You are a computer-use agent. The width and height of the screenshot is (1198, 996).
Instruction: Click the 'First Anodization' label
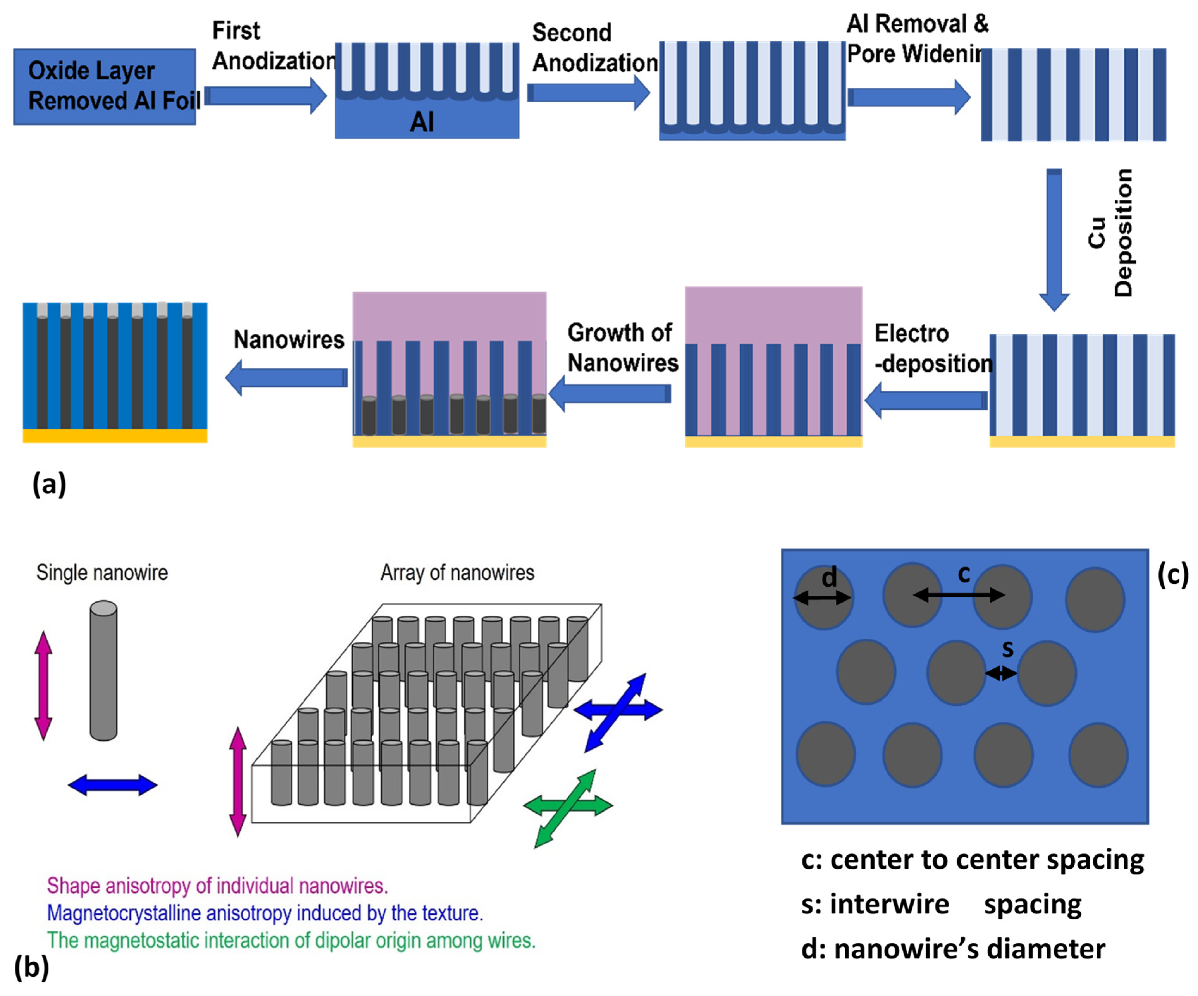[x=273, y=45]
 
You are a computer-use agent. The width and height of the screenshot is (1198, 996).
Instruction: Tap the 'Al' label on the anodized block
[x=422, y=121]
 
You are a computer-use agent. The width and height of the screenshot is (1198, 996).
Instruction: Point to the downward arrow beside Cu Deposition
[x=1054, y=240]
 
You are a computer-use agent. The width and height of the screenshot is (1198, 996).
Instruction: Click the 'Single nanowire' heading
[x=102, y=572]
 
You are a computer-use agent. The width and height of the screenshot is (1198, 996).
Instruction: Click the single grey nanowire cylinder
[x=103, y=671]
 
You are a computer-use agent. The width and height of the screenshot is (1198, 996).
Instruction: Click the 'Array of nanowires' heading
[x=457, y=572]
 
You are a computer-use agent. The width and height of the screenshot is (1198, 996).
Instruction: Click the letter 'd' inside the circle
[x=829, y=578]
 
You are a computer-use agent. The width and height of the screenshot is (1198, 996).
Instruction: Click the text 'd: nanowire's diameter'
[x=953, y=949]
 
